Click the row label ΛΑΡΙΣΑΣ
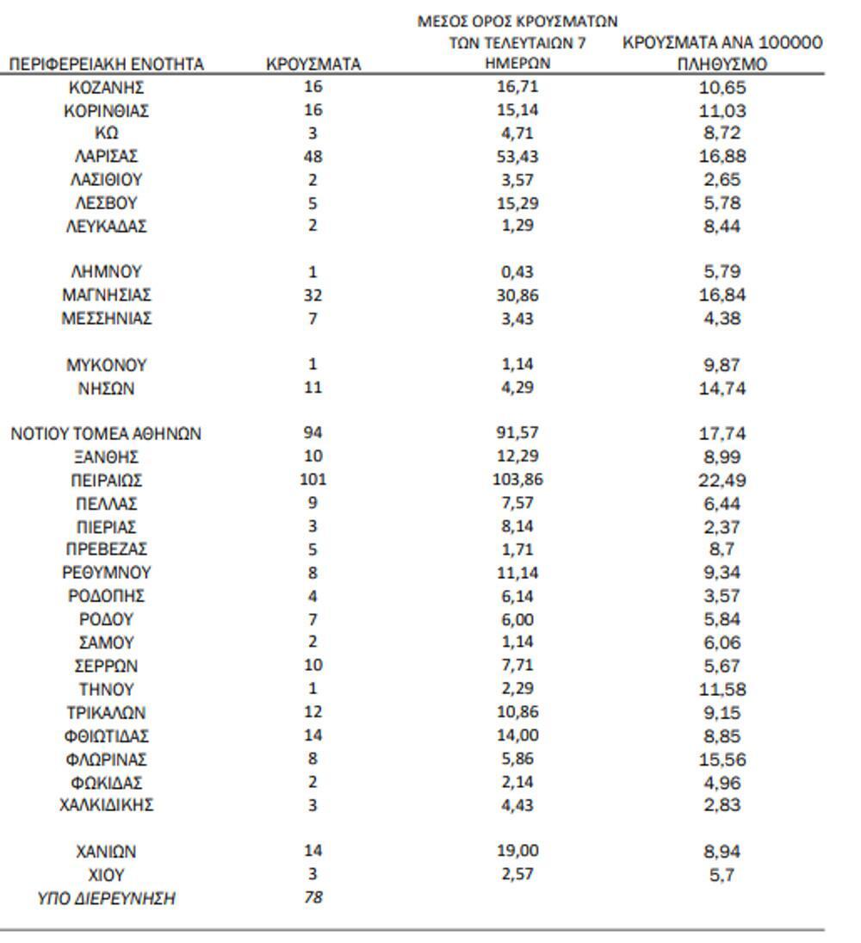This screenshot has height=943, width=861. (x=106, y=157)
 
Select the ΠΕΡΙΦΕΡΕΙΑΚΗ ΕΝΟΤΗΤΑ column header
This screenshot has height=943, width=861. (x=106, y=64)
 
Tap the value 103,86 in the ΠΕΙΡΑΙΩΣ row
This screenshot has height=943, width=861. (x=517, y=480)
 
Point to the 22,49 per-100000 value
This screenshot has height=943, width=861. (x=722, y=481)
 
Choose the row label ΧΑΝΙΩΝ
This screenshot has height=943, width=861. (x=106, y=852)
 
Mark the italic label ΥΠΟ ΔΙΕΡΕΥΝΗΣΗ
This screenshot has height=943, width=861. (x=106, y=898)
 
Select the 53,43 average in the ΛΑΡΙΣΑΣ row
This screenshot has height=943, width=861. (x=517, y=157)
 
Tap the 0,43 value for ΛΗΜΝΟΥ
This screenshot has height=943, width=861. (x=517, y=271)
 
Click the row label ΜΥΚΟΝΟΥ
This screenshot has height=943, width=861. (x=106, y=364)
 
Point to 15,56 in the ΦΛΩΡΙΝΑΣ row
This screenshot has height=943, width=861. (x=722, y=760)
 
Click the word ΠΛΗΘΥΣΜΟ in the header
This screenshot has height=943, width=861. (x=722, y=64)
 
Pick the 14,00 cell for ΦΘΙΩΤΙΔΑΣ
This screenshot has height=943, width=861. (x=517, y=736)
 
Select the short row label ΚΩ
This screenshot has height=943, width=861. (x=106, y=133)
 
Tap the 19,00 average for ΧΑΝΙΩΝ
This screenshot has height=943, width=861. (x=517, y=852)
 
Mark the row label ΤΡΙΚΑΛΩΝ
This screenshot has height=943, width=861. (x=106, y=713)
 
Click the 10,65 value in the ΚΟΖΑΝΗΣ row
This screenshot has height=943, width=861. (x=722, y=87)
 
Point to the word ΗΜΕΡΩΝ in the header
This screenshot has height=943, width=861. (x=517, y=64)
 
